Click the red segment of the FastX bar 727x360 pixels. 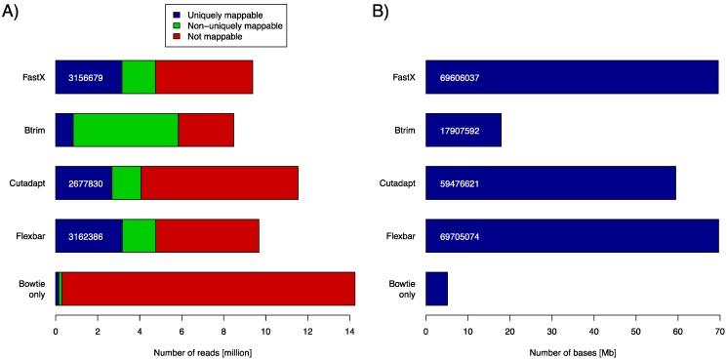204,76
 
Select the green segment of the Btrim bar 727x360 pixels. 126,130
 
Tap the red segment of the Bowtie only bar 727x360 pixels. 208,289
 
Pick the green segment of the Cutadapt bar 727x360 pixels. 127,182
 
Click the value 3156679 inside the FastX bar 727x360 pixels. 88,77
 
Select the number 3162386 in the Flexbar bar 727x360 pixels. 88,236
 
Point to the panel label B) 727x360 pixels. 384,13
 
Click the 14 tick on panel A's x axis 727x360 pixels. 350,331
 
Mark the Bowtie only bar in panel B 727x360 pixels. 436,289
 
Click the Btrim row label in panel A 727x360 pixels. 36,130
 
